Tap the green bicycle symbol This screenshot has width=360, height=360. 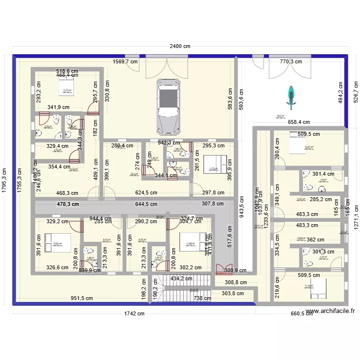[290, 95]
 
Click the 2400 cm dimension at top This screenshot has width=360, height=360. [179, 47]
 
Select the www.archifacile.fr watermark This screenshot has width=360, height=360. [330, 311]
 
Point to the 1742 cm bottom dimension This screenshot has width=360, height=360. [134, 314]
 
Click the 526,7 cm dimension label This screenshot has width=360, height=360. [356, 89]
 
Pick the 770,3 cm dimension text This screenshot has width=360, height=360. [291, 61]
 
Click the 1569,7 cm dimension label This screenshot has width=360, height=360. [125, 61]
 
